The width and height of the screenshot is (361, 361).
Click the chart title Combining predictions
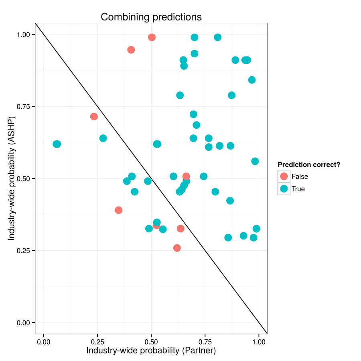(151, 17)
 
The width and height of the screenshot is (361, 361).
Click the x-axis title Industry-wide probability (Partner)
(151, 350)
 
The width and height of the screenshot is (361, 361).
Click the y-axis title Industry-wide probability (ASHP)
(12, 178)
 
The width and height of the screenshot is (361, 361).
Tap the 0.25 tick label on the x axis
(97, 342)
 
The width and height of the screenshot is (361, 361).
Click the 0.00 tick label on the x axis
(44, 342)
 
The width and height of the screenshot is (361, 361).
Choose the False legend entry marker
(284, 176)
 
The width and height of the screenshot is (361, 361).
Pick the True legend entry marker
(284, 189)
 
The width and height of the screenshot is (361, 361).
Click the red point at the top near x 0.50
(152, 37)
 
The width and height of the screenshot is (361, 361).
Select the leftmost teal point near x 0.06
(57, 144)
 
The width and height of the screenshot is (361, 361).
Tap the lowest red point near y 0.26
(177, 248)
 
